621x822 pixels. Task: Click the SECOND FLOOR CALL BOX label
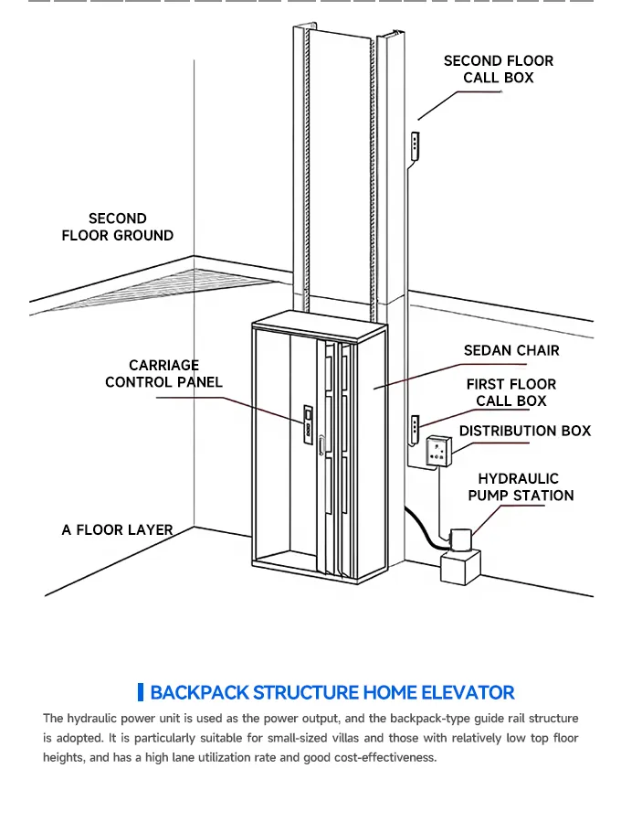pos(498,69)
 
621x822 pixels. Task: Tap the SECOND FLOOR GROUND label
pos(117,227)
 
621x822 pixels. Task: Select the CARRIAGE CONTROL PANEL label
pos(163,374)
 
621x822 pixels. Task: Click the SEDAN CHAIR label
pos(511,350)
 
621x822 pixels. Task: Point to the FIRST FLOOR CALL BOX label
pos(510,392)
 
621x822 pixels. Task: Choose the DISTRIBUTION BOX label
pos(524,431)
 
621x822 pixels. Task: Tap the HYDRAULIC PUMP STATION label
pos(521,487)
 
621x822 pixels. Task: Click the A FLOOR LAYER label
pos(117,529)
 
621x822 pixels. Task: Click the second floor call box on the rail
pos(416,146)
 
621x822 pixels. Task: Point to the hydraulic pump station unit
pos(459,556)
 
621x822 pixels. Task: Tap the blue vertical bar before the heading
pos(141,692)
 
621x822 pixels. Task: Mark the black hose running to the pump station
pos(426,525)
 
